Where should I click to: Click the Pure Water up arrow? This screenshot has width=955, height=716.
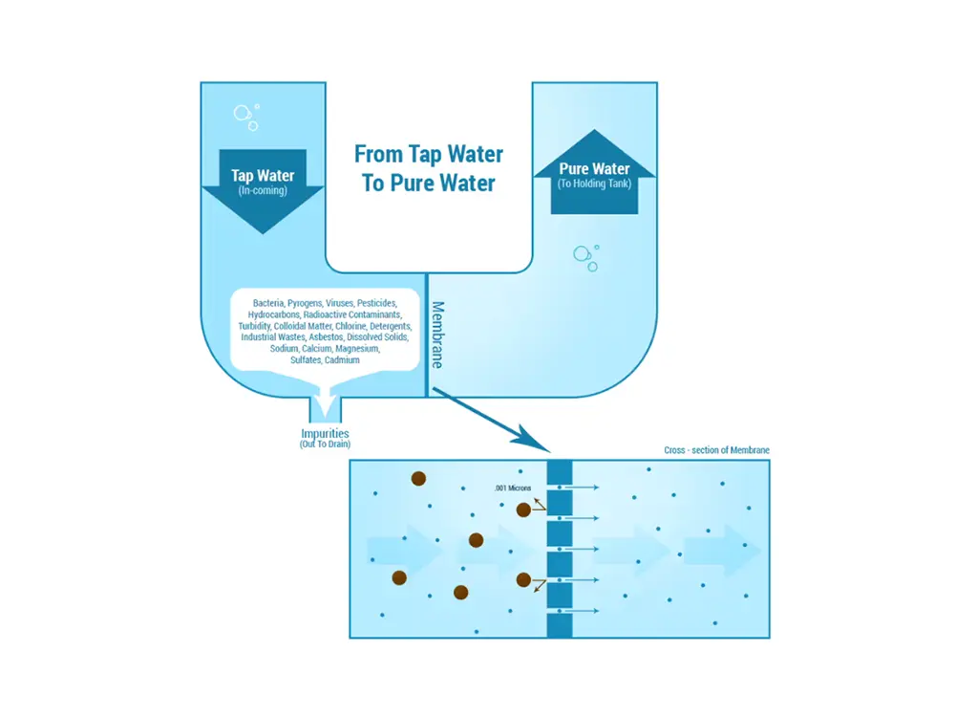[594, 172]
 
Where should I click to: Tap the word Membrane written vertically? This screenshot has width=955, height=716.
[437, 335]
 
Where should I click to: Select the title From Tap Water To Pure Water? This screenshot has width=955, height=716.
[429, 167]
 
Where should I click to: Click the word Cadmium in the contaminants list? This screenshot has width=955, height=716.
[341, 360]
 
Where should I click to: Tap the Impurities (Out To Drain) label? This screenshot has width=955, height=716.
[326, 438]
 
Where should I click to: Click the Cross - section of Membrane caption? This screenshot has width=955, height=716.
[716, 450]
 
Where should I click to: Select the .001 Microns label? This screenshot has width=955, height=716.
[513, 488]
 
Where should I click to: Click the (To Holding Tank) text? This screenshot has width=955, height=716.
[594, 182]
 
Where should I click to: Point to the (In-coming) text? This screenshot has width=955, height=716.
[263, 189]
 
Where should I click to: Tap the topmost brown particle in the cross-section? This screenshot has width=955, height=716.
[418, 478]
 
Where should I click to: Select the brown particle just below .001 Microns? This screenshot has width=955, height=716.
[523, 510]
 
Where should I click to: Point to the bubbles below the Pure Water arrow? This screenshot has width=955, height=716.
[585, 256]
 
